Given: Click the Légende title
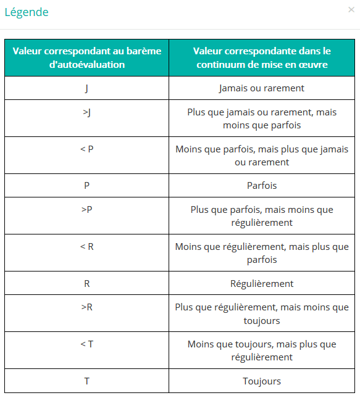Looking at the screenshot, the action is tap(27, 12).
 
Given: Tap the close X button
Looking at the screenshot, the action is tap(351, 10).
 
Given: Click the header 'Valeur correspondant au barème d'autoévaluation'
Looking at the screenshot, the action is tap(86, 57).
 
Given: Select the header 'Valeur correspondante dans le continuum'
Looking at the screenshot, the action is tap(262, 57).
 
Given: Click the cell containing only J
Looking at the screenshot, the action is tap(86, 88).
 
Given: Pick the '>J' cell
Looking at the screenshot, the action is tap(86, 113).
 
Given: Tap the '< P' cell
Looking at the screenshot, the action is tap(86, 149).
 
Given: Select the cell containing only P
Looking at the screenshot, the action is tap(86, 186).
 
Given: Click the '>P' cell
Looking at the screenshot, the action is tap(86, 210).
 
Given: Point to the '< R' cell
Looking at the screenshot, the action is tap(86, 247).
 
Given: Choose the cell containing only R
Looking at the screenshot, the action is tap(86, 284).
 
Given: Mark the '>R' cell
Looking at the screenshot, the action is tap(86, 307).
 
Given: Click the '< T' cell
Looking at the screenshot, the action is tap(86, 344).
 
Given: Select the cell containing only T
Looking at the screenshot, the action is tap(86, 381).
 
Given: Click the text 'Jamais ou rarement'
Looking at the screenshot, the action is tap(262, 88).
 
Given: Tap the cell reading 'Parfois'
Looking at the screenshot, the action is tap(262, 186).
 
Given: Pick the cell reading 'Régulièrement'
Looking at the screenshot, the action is tap(262, 284).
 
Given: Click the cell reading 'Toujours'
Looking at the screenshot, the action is tap(262, 381).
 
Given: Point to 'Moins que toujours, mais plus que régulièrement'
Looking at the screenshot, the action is tap(262, 350).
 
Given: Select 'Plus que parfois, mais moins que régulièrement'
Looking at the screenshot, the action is tap(262, 216).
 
